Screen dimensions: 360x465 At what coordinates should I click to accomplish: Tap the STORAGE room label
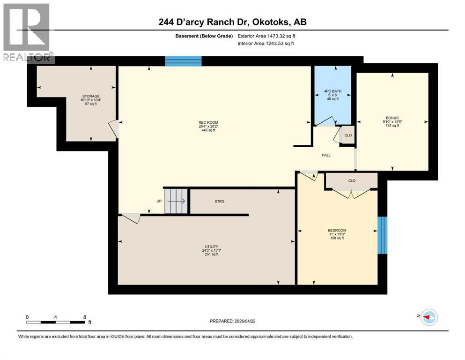[x=90, y=96]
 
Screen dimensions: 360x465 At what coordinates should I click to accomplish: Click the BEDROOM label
[x=337, y=230]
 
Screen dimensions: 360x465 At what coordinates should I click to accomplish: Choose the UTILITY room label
[x=211, y=247]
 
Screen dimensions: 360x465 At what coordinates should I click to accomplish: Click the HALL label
[x=326, y=155]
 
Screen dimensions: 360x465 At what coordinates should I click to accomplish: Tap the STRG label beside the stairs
[x=220, y=202]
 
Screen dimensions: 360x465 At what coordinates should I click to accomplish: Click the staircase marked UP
[x=176, y=201]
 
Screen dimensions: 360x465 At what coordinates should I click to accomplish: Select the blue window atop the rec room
[x=183, y=61]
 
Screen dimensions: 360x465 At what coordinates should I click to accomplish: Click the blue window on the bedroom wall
[x=383, y=235]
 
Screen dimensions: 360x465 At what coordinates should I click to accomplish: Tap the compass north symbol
[x=428, y=317]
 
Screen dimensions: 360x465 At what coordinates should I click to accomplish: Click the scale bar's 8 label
[x=85, y=317]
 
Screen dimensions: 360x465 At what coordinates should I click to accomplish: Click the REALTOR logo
[x=27, y=32]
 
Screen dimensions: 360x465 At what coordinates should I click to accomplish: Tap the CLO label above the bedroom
[x=352, y=180]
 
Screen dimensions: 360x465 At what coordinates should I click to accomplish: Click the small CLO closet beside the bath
[x=347, y=135]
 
